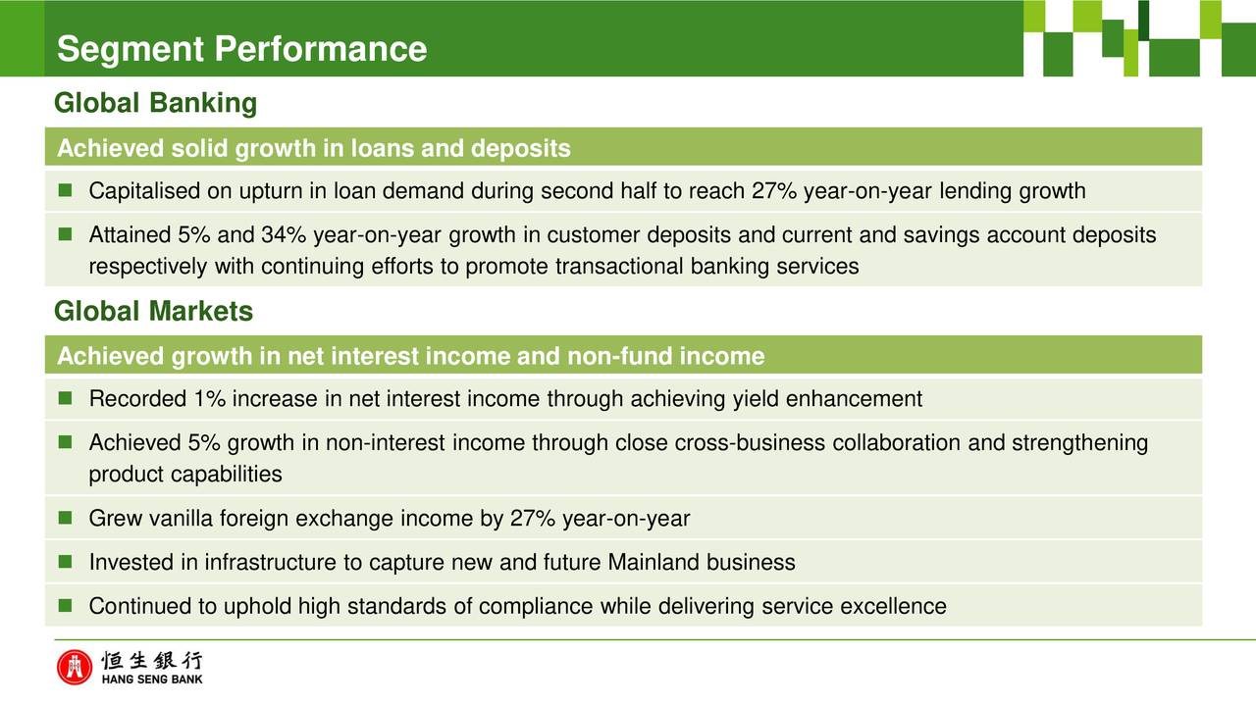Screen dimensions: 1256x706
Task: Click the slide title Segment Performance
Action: pyautogui.click(x=241, y=49)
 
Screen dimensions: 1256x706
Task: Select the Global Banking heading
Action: pyautogui.click(x=155, y=103)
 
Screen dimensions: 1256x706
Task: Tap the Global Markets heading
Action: pyautogui.click(x=154, y=311)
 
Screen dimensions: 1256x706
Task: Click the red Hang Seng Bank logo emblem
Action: pyautogui.click(x=74, y=668)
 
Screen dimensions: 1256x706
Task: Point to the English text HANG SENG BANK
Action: pyautogui.click(x=152, y=680)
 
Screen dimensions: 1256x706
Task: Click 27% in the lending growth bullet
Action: pyautogui.click(x=774, y=191)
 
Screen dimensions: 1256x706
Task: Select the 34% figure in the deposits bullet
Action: pyautogui.click(x=284, y=234)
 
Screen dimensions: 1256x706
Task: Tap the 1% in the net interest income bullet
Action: pyautogui.click(x=210, y=399)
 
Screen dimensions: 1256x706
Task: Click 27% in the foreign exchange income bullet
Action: pyautogui.click(x=533, y=519)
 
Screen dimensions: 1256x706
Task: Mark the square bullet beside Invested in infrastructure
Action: pyautogui.click(x=65, y=562)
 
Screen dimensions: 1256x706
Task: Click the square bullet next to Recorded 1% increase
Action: pyautogui.click(x=65, y=398)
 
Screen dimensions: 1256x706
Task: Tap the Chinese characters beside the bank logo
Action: pyautogui.click(x=152, y=661)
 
